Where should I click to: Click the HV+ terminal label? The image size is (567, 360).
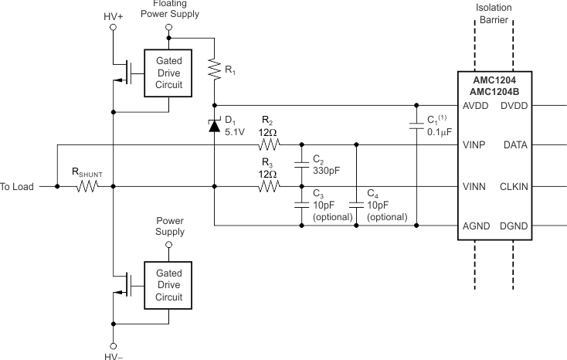tap(113, 15)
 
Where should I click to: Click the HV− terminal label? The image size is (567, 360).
tap(113, 355)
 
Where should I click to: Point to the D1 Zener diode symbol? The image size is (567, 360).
tap(214, 125)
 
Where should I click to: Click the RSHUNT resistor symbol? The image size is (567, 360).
tap(85, 186)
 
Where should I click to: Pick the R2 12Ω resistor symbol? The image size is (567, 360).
tap(267, 144)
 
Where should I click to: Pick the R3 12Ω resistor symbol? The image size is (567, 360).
tap(267, 186)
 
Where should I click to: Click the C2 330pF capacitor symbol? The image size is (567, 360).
tap(300, 165)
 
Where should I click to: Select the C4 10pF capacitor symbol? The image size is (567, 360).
tap(356, 205)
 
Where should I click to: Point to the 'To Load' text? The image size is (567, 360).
tap(17, 187)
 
